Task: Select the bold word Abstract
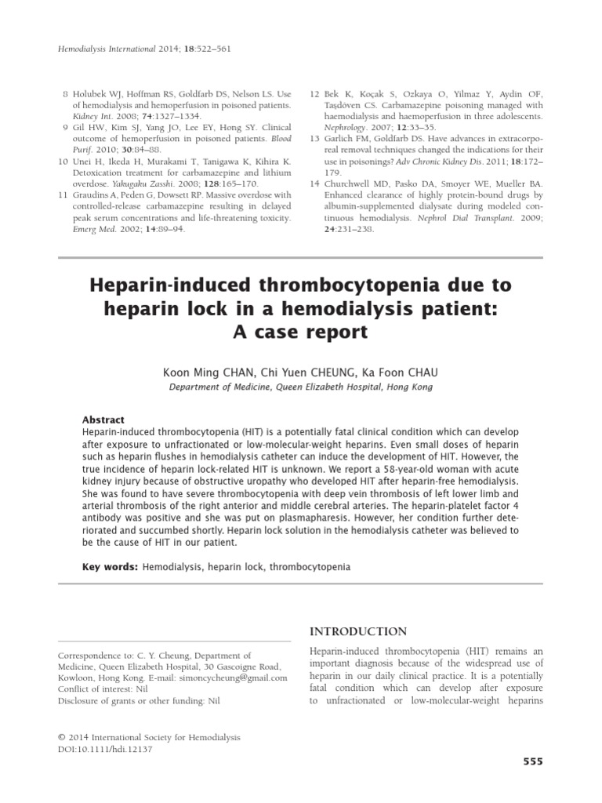click(103, 420)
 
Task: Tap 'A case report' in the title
click(300, 332)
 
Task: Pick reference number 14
click(314, 183)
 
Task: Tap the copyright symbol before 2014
click(63, 738)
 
